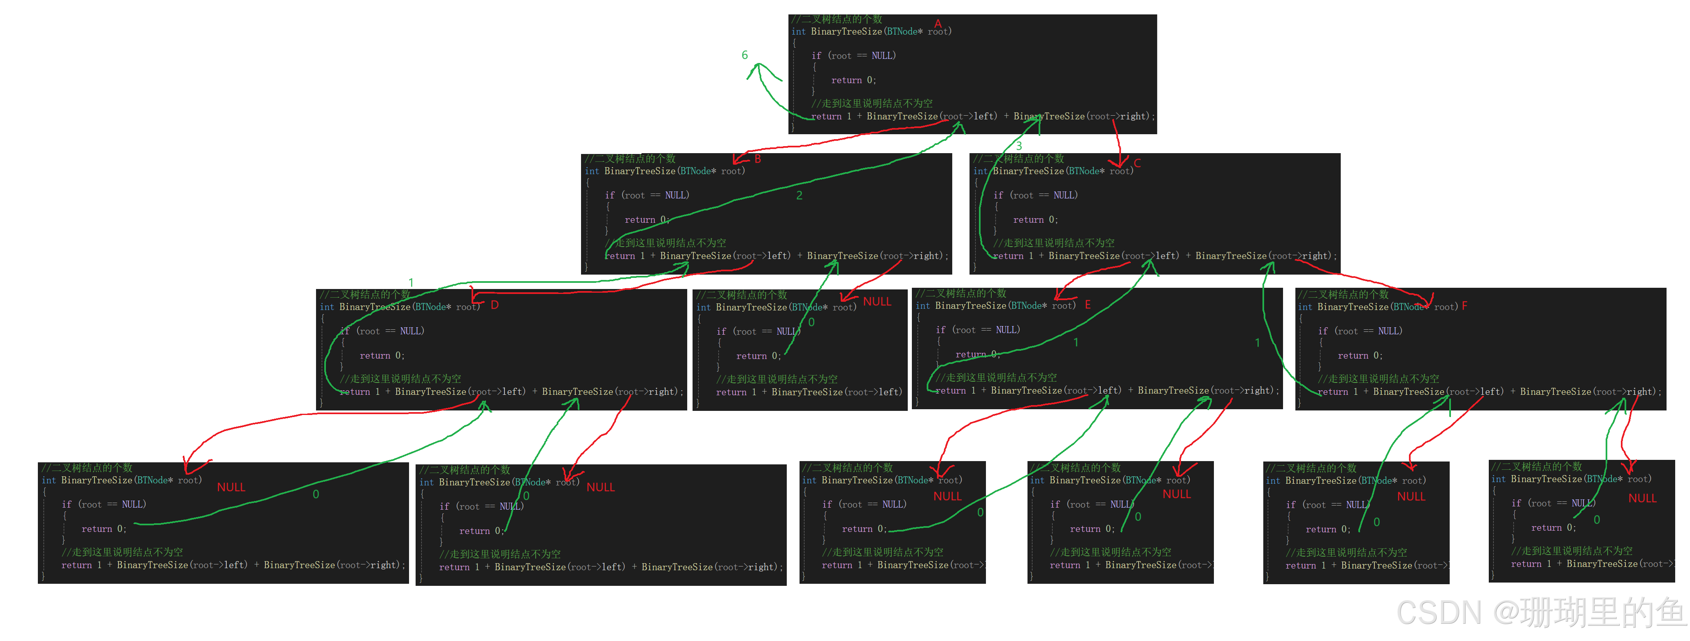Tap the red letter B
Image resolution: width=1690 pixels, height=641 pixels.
(x=758, y=159)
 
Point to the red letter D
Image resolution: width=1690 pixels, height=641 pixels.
(x=495, y=305)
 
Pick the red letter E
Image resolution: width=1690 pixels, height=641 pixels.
(x=1088, y=304)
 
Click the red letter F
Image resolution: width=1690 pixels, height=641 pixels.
(x=1465, y=306)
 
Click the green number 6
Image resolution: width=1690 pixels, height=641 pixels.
(x=745, y=55)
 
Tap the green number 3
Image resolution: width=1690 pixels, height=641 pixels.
(x=1019, y=146)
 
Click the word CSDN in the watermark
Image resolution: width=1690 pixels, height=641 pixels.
(x=1437, y=612)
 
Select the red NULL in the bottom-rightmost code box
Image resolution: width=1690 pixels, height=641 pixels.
(x=1642, y=499)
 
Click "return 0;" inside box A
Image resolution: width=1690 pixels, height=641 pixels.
(x=853, y=80)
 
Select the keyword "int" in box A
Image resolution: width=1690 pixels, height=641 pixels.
(x=798, y=31)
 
